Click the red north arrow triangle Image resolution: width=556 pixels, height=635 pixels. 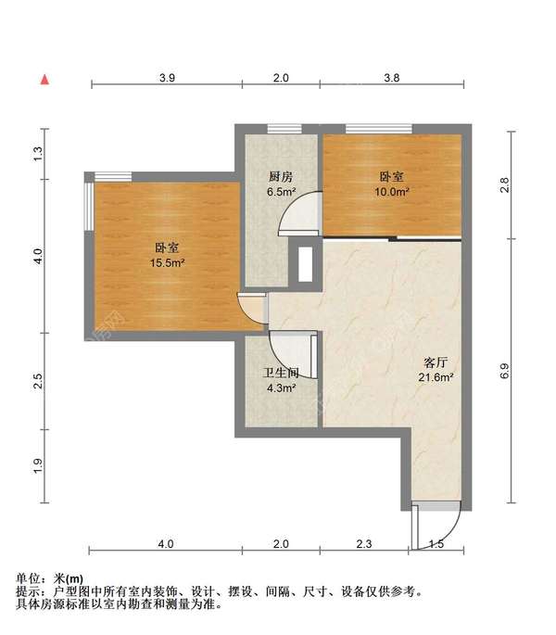[x=45, y=80]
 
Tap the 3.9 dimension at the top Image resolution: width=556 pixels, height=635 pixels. [x=167, y=78]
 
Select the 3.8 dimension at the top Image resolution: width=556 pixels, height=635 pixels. [x=392, y=78]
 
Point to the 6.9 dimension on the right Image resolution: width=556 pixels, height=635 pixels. [x=504, y=371]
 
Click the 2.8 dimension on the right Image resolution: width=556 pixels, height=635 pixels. [x=504, y=185]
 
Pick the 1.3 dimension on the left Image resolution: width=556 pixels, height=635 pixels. [x=37, y=154]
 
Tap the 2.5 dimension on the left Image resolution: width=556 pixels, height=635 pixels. [x=37, y=381]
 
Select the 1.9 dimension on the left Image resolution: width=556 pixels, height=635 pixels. [x=37, y=465]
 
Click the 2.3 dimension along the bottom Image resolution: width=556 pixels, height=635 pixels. [x=364, y=543]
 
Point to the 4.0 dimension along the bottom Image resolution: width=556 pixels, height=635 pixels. [x=166, y=543]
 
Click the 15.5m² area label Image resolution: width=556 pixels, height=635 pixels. [x=167, y=263]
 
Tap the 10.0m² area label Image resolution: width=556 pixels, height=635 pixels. [x=392, y=192]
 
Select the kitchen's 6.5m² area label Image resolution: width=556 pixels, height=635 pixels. [x=281, y=192]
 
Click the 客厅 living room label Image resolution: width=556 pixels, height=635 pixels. [x=436, y=362]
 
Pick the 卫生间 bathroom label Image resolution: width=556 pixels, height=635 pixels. [x=281, y=373]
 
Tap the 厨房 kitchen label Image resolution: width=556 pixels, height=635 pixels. [x=281, y=177]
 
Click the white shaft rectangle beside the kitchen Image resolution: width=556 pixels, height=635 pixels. [x=305, y=264]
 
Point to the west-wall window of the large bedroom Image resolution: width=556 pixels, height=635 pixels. [x=89, y=207]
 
